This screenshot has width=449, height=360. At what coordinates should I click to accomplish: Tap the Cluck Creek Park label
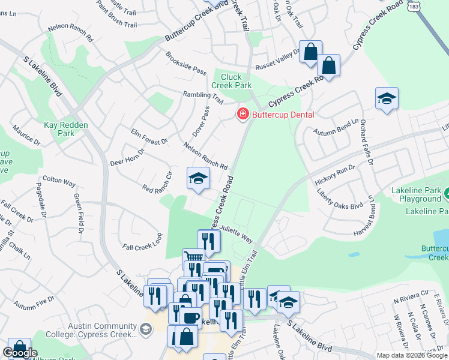coord(235,81)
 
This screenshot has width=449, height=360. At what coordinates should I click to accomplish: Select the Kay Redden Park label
coord(66,129)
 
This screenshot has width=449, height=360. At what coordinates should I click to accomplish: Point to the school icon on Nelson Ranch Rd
coord(198,178)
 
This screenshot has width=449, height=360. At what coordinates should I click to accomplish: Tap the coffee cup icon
coord(191,318)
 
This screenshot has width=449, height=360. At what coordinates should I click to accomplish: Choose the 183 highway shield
coord(412,5)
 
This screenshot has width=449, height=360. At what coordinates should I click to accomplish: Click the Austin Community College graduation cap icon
coord(145,329)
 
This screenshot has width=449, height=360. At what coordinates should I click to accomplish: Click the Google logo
coord(20,353)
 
